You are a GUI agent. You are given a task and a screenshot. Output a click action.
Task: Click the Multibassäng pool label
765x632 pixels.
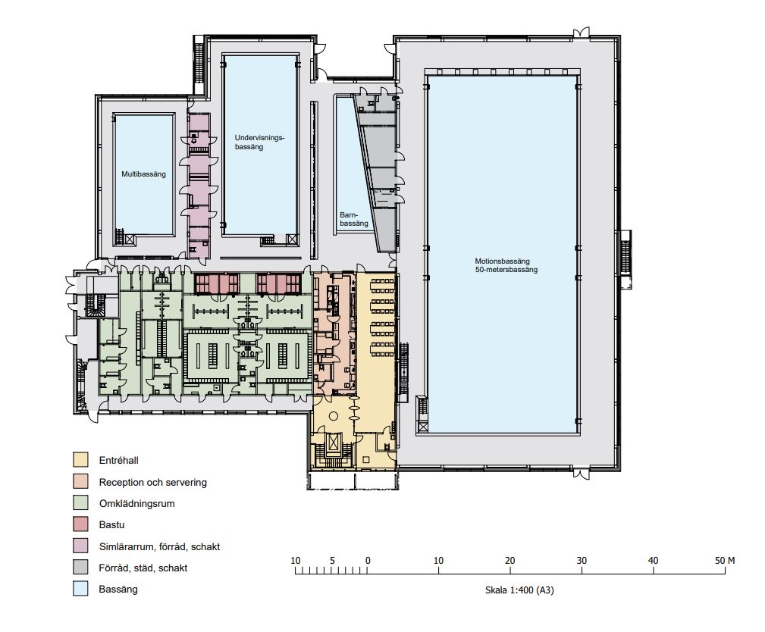point(143,174)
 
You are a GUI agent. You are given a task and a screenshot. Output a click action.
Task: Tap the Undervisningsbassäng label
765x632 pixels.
point(259,142)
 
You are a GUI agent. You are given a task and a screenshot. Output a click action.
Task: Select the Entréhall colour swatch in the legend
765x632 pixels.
point(80,460)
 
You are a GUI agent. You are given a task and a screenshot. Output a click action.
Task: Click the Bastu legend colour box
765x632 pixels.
point(80,524)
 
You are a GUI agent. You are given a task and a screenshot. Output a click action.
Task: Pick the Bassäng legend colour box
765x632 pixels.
point(80,589)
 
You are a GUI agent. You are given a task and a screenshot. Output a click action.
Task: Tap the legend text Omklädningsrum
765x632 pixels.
point(136,503)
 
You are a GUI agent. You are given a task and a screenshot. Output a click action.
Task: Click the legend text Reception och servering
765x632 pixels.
point(152,482)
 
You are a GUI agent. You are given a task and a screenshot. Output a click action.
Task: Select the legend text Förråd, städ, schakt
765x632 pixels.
point(143,568)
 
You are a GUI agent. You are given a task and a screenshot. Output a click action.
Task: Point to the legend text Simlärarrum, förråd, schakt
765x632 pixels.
point(159,546)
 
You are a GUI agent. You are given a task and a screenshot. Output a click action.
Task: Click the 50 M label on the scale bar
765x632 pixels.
point(725,560)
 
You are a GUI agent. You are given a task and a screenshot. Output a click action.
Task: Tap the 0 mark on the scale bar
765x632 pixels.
point(368,560)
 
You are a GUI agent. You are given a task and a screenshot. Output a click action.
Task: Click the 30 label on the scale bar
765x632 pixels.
point(582,560)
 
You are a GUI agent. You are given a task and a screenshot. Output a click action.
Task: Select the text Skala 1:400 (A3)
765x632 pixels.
point(519,590)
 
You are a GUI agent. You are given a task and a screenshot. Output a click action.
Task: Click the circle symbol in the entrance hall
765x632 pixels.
point(334,416)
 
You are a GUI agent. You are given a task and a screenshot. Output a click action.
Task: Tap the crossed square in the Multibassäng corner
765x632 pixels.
point(130,239)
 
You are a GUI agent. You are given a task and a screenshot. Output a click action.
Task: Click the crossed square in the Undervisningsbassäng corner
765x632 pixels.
point(291,239)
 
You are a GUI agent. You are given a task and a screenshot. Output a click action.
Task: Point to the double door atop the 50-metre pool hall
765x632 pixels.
point(581,33)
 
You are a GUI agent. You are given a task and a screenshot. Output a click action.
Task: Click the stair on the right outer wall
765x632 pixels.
point(625,259)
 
